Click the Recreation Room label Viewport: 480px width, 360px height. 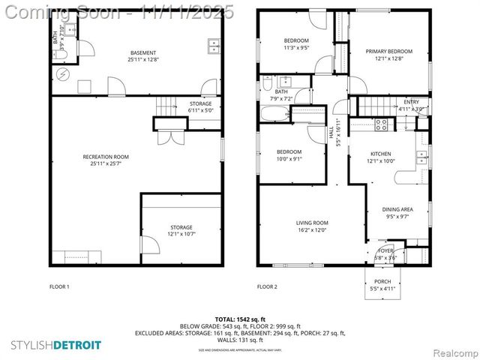pyautogui.click(x=105, y=157)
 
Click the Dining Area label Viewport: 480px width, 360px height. pyautogui.click(x=397, y=209)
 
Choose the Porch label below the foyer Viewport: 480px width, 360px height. pyautogui.click(x=382, y=281)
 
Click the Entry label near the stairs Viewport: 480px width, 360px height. pyautogui.click(x=412, y=102)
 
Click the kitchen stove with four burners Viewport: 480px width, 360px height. pyautogui.click(x=380, y=124)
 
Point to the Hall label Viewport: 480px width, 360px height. pyautogui.click(x=331, y=132)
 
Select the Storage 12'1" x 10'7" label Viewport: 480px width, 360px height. pyautogui.click(x=181, y=227)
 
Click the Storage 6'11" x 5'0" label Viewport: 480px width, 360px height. pyautogui.click(x=200, y=103)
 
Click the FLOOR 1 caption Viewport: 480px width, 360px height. pyautogui.click(x=59, y=286)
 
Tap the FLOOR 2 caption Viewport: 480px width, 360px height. pyautogui.click(x=267, y=286)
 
